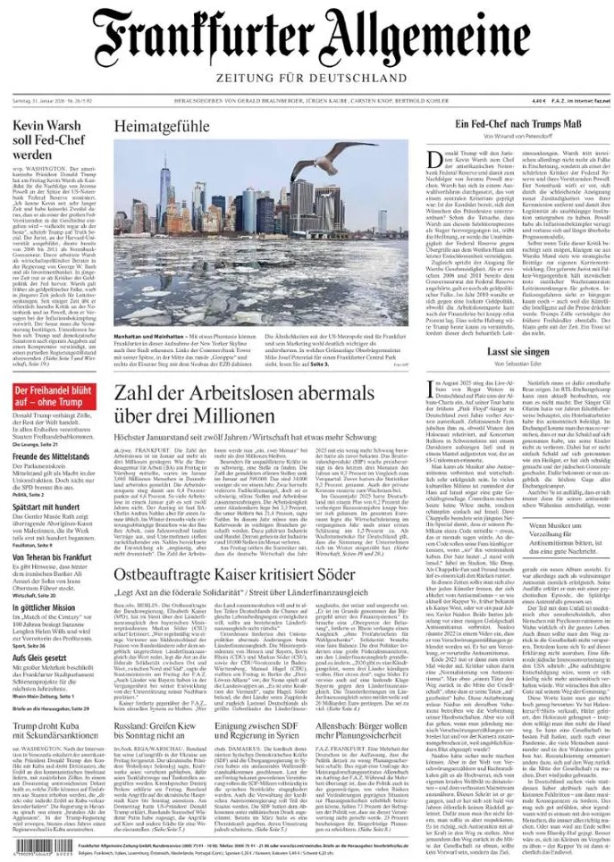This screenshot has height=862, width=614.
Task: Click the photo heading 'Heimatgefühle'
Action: coord(161,127)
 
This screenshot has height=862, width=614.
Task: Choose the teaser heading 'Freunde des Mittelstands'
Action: coord(53,457)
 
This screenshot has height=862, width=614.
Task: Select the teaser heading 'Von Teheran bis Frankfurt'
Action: coord(53,557)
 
